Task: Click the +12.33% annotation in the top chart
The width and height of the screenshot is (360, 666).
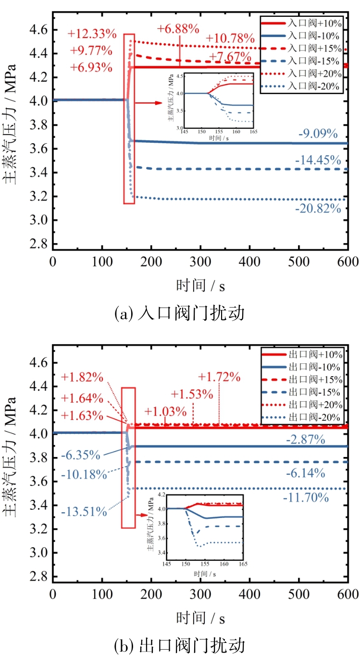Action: [x=92, y=34]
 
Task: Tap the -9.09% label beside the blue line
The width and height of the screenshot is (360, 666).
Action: [x=318, y=134]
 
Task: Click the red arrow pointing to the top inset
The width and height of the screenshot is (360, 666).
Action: [x=147, y=102]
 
